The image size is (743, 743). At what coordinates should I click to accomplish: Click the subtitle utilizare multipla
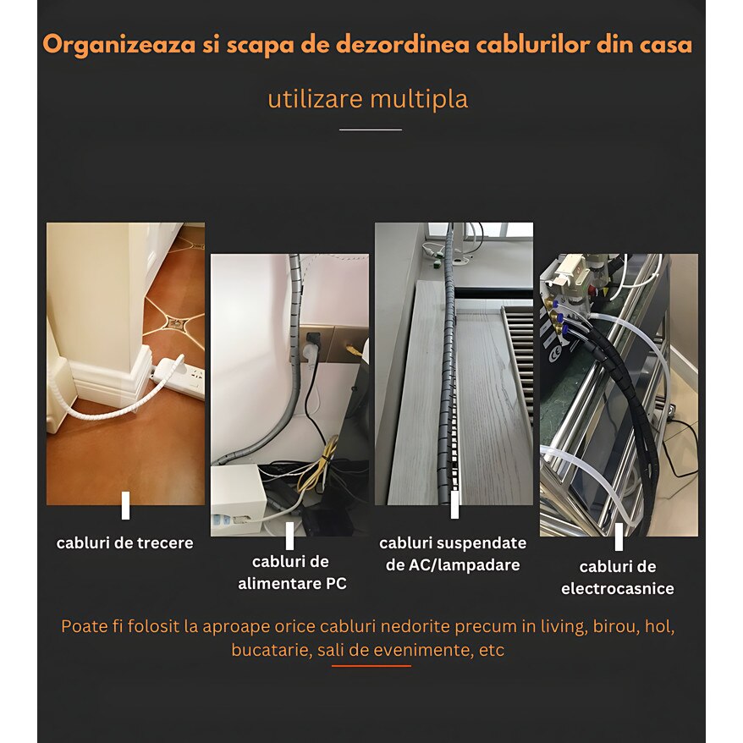pyautogui.click(x=367, y=99)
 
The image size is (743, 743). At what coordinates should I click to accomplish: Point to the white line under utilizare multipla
pyautogui.click(x=371, y=129)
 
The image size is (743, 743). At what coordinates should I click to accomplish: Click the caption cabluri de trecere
pyautogui.click(x=125, y=543)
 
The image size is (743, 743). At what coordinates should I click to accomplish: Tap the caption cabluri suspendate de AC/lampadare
pyautogui.click(x=453, y=554)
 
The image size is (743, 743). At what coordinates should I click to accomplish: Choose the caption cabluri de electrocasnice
pyautogui.click(x=618, y=578)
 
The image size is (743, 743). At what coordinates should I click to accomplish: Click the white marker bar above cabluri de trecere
pyautogui.click(x=125, y=505)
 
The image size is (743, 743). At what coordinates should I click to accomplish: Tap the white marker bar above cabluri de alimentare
pyautogui.click(x=289, y=536)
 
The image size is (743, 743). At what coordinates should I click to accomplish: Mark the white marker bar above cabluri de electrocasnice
pyautogui.click(x=619, y=537)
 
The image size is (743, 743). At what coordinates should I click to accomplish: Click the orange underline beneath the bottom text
pyautogui.click(x=371, y=665)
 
